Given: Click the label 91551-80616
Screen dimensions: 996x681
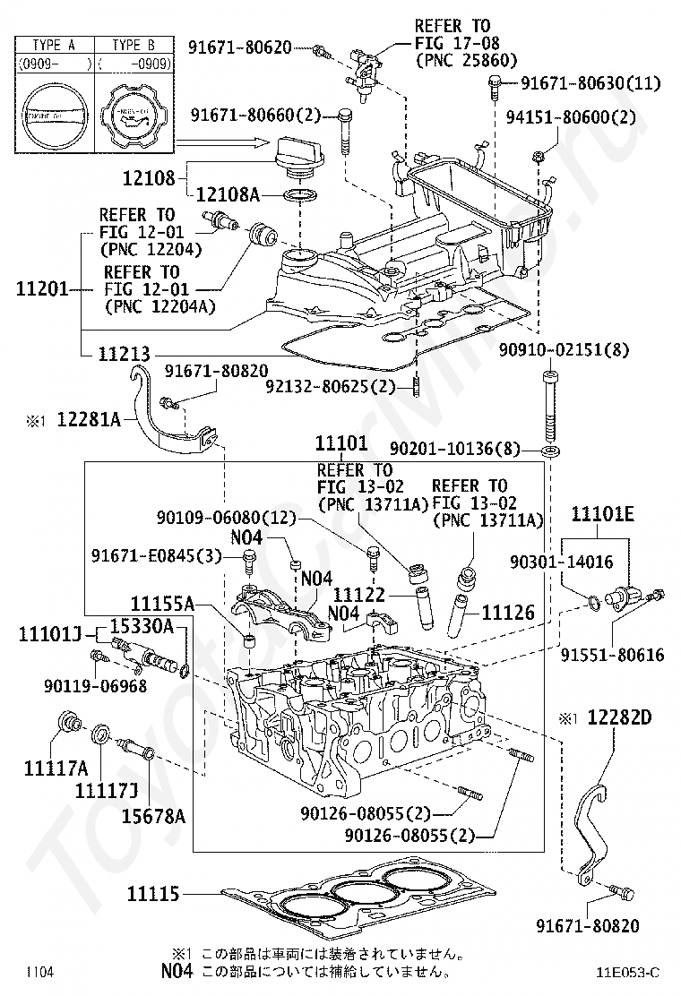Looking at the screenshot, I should (x=613, y=655).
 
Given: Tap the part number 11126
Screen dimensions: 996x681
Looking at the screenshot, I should (x=507, y=613).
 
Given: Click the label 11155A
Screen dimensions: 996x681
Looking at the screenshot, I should (x=162, y=603).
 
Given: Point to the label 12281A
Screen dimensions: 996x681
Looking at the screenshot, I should (x=89, y=418).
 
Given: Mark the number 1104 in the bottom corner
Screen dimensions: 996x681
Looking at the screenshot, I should (x=39, y=972).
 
